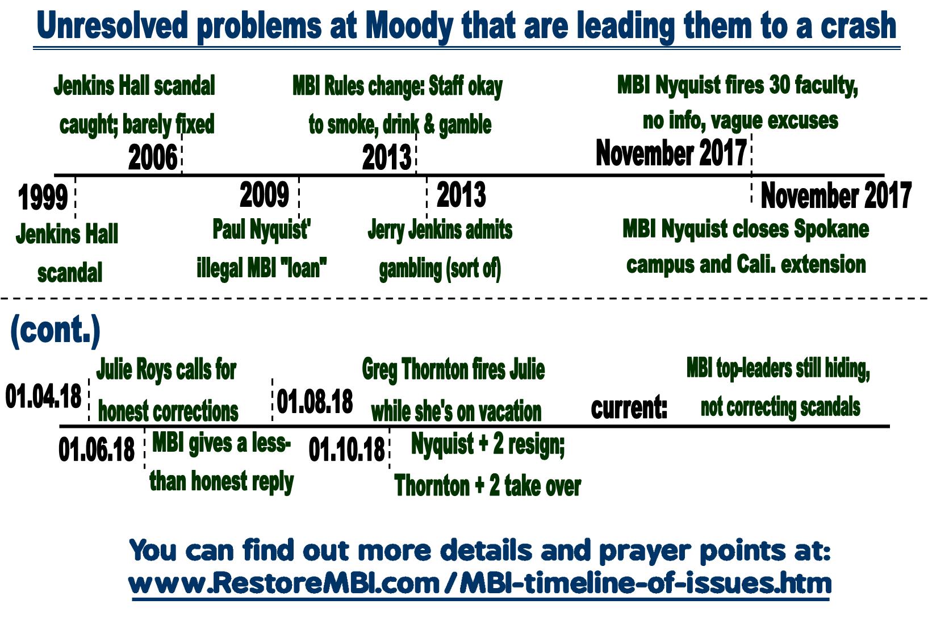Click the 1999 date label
43,198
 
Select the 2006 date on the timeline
152,157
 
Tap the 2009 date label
264,195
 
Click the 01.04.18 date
43,395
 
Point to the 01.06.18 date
96,449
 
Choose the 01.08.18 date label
315,401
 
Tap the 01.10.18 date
346,450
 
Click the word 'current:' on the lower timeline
629,407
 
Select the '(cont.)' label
55,331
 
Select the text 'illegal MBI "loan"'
261,268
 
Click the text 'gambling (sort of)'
440,268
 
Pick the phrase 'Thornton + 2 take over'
487,486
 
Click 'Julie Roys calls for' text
166,370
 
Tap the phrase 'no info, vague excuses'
740,120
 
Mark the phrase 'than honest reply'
221,481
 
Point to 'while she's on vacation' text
456,411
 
